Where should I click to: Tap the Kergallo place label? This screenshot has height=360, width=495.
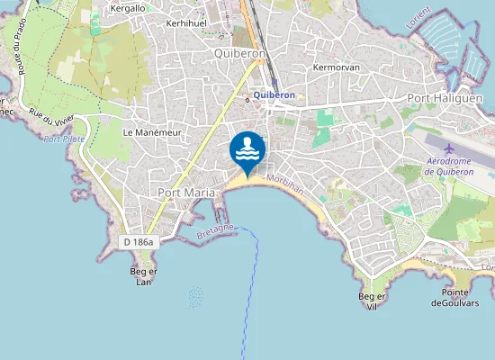pos(127,8)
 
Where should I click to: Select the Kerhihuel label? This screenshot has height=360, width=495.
pos(187,22)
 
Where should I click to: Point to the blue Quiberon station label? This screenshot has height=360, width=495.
pos(274,94)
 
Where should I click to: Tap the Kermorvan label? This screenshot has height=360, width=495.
pos(336,67)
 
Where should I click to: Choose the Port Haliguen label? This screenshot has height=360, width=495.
pos(445,98)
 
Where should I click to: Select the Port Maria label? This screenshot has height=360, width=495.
pos(184,193)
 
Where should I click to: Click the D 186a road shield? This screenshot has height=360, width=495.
pos(138,241)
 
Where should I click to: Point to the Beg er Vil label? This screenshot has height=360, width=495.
pos(372,301)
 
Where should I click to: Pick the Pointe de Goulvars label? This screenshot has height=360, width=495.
pos(462,298)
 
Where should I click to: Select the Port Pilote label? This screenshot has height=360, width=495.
pos(63,139)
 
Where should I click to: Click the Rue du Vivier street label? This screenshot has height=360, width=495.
pos(52,119)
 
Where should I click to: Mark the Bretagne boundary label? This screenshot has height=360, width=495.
pos(214,232)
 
